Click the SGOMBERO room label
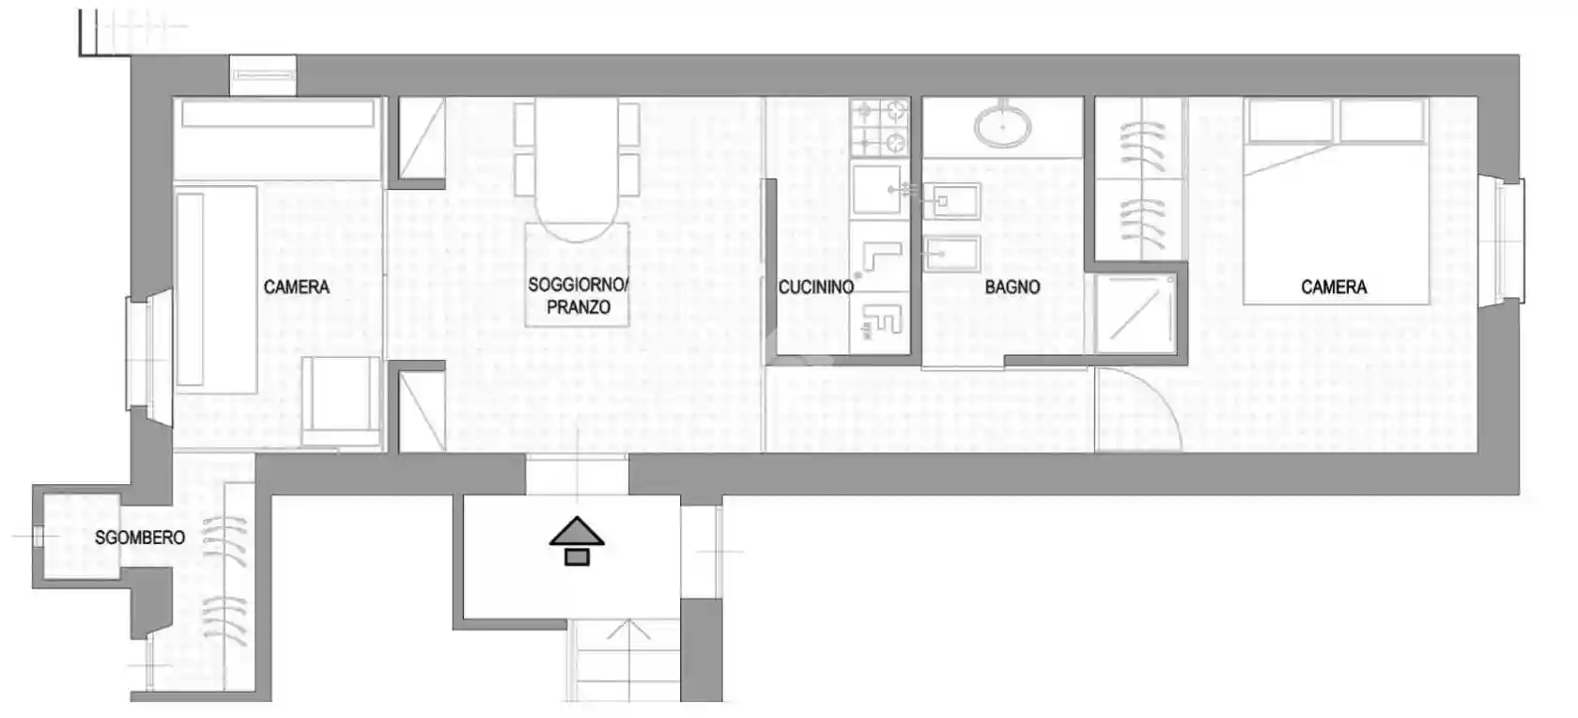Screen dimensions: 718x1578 point(140,538)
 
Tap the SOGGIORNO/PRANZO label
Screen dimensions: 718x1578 point(578,295)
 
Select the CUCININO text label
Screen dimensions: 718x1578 point(815,288)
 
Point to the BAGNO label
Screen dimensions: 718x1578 point(1012,288)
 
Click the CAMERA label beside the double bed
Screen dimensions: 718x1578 point(1333,288)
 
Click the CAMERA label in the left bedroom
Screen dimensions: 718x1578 point(296,288)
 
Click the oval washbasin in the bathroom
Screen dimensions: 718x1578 point(1002,126)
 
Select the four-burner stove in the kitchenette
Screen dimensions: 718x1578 point(880,128)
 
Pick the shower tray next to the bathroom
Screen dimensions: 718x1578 point(1135,314)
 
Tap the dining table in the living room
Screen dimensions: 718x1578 point(577,169)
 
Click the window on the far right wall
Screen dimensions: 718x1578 point(1505,241)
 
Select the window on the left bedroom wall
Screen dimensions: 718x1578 point(148,353)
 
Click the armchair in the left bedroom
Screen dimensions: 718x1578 point(342,399)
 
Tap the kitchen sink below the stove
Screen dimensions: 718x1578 point(876,191)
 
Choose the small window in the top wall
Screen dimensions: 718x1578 point(262,75)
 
